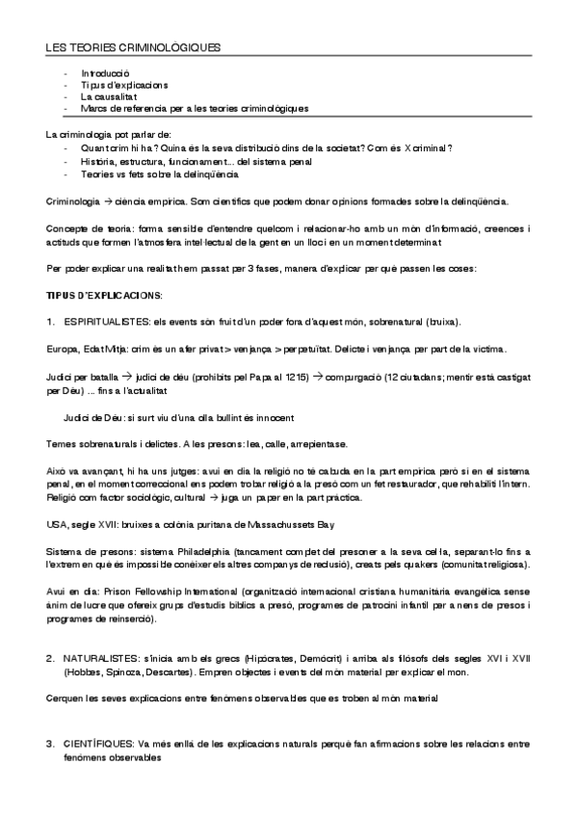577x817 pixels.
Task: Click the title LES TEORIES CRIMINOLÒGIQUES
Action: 134,47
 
